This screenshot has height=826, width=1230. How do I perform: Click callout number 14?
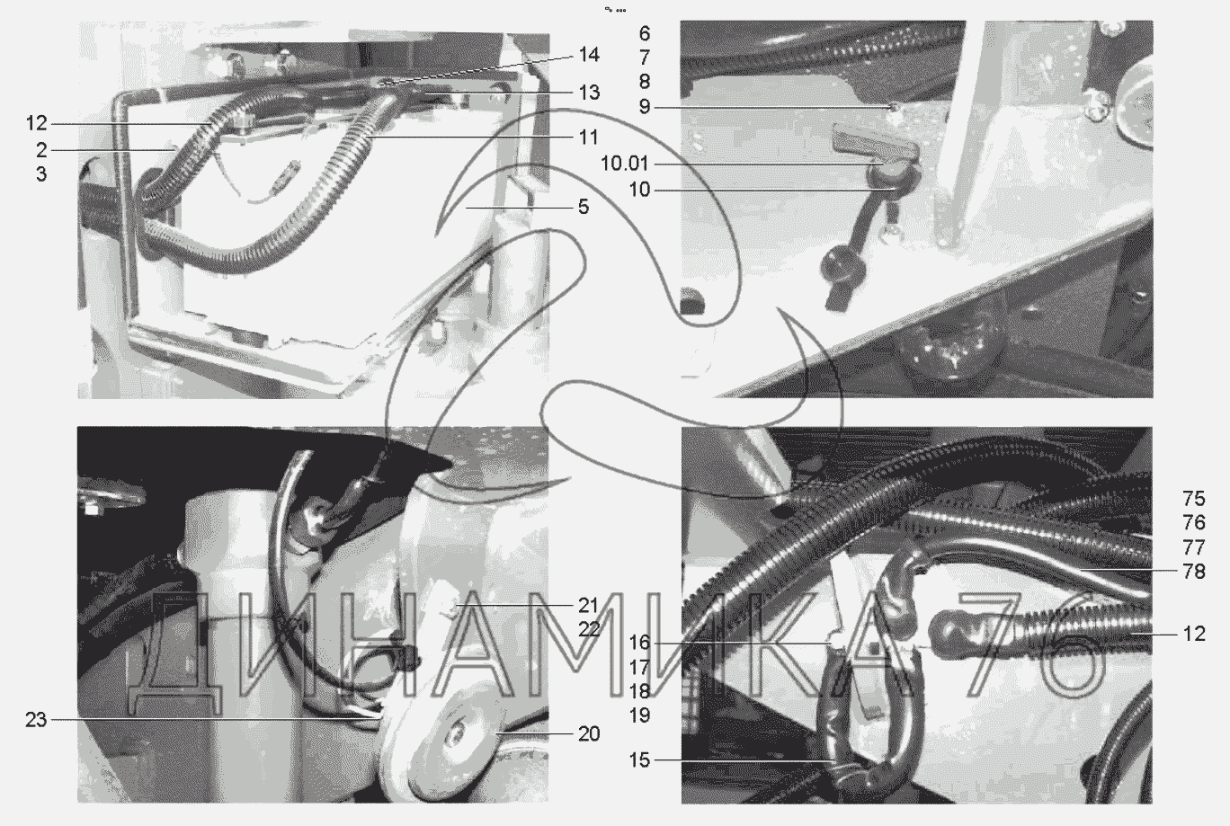589,55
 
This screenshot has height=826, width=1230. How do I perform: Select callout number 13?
589,93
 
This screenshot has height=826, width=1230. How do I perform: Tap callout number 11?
589,138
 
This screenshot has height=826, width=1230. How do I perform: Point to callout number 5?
584,207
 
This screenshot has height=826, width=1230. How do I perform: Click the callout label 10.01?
625,164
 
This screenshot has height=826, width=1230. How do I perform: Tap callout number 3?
41,174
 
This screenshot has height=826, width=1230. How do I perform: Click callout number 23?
36,720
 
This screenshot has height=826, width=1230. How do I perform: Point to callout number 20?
589,733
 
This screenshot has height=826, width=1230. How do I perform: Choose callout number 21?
588,606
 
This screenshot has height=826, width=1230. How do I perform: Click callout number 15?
639,760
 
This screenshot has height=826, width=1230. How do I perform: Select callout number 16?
639,642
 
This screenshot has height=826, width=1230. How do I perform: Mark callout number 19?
639,715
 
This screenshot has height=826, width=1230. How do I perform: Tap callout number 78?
1194,572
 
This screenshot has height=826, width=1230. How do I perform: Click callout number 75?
1194,498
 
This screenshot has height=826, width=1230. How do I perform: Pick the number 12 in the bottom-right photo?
1194,634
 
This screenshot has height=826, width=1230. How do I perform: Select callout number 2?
41,150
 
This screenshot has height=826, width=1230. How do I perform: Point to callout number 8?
645,82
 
